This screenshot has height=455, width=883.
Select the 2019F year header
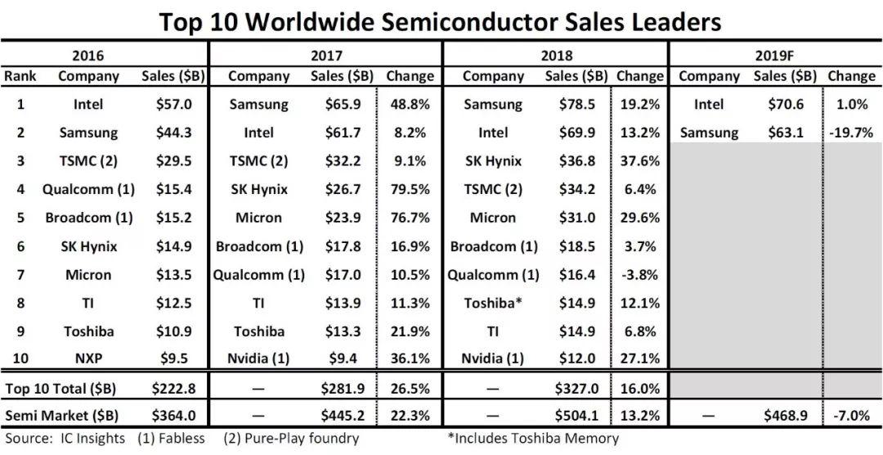point(775,56)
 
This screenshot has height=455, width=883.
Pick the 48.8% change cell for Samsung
point(410,105)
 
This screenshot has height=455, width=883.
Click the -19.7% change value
point(850,133)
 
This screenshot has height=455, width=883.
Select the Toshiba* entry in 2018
point(493,303)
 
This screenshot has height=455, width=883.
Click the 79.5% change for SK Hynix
point(410,190)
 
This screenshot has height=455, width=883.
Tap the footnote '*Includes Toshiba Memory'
point(533,439)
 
